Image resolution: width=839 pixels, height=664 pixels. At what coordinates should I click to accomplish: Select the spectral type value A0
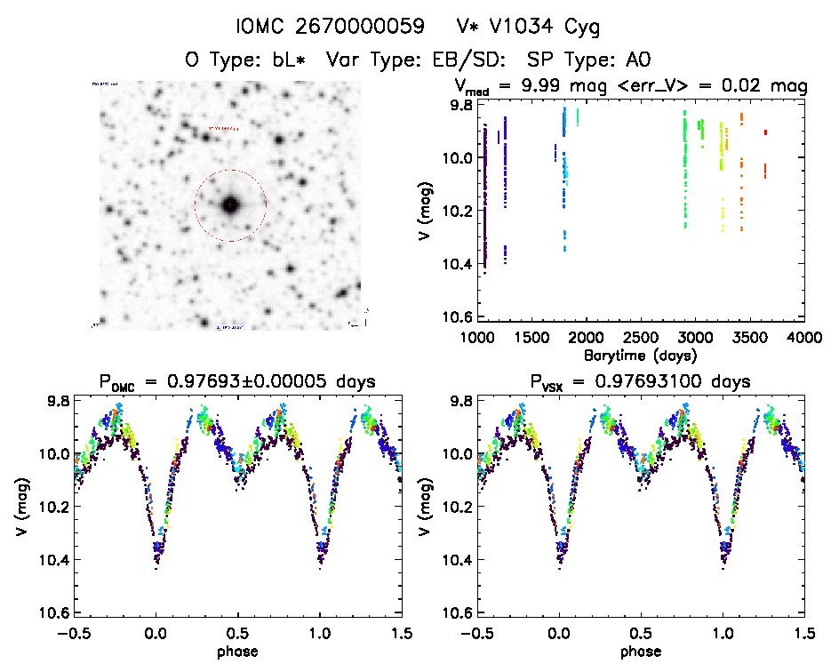(x=638, y=60)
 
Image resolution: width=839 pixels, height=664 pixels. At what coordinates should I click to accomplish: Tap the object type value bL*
(x=284, y=60)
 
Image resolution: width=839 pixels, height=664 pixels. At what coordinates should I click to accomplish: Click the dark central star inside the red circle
(x=230, y=205)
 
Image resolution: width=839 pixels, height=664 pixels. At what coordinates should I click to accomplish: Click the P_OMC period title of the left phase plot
(x=241, y=382)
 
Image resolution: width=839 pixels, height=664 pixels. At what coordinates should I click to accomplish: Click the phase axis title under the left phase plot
(x=239, y=652)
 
